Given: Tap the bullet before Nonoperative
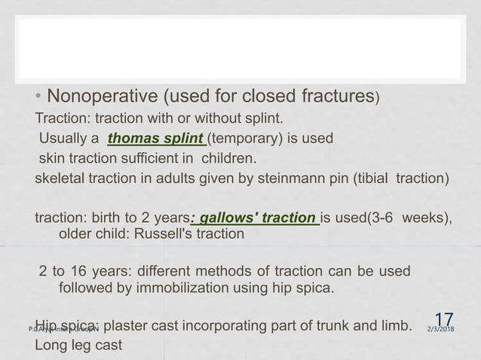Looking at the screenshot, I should click(39, 97).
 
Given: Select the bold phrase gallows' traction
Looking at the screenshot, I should click(256, 218).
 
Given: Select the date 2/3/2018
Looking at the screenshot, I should click(446, 329).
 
